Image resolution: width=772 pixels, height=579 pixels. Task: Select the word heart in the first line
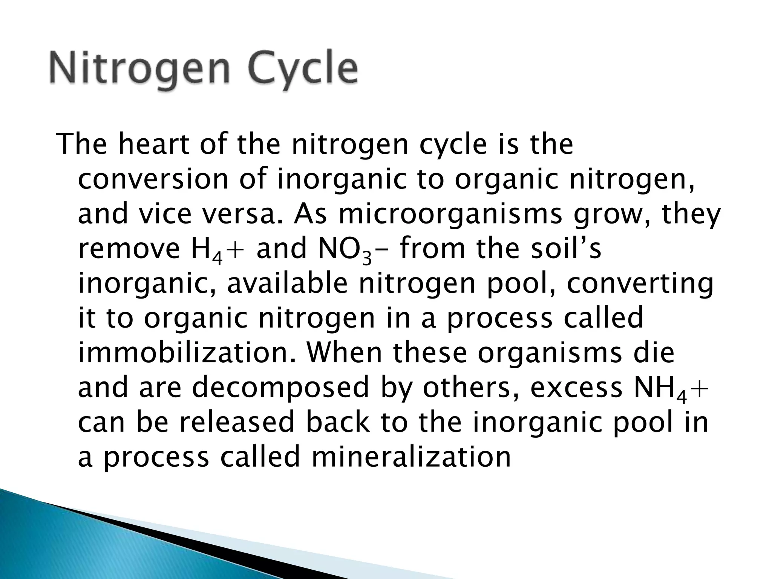point(153,145)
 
